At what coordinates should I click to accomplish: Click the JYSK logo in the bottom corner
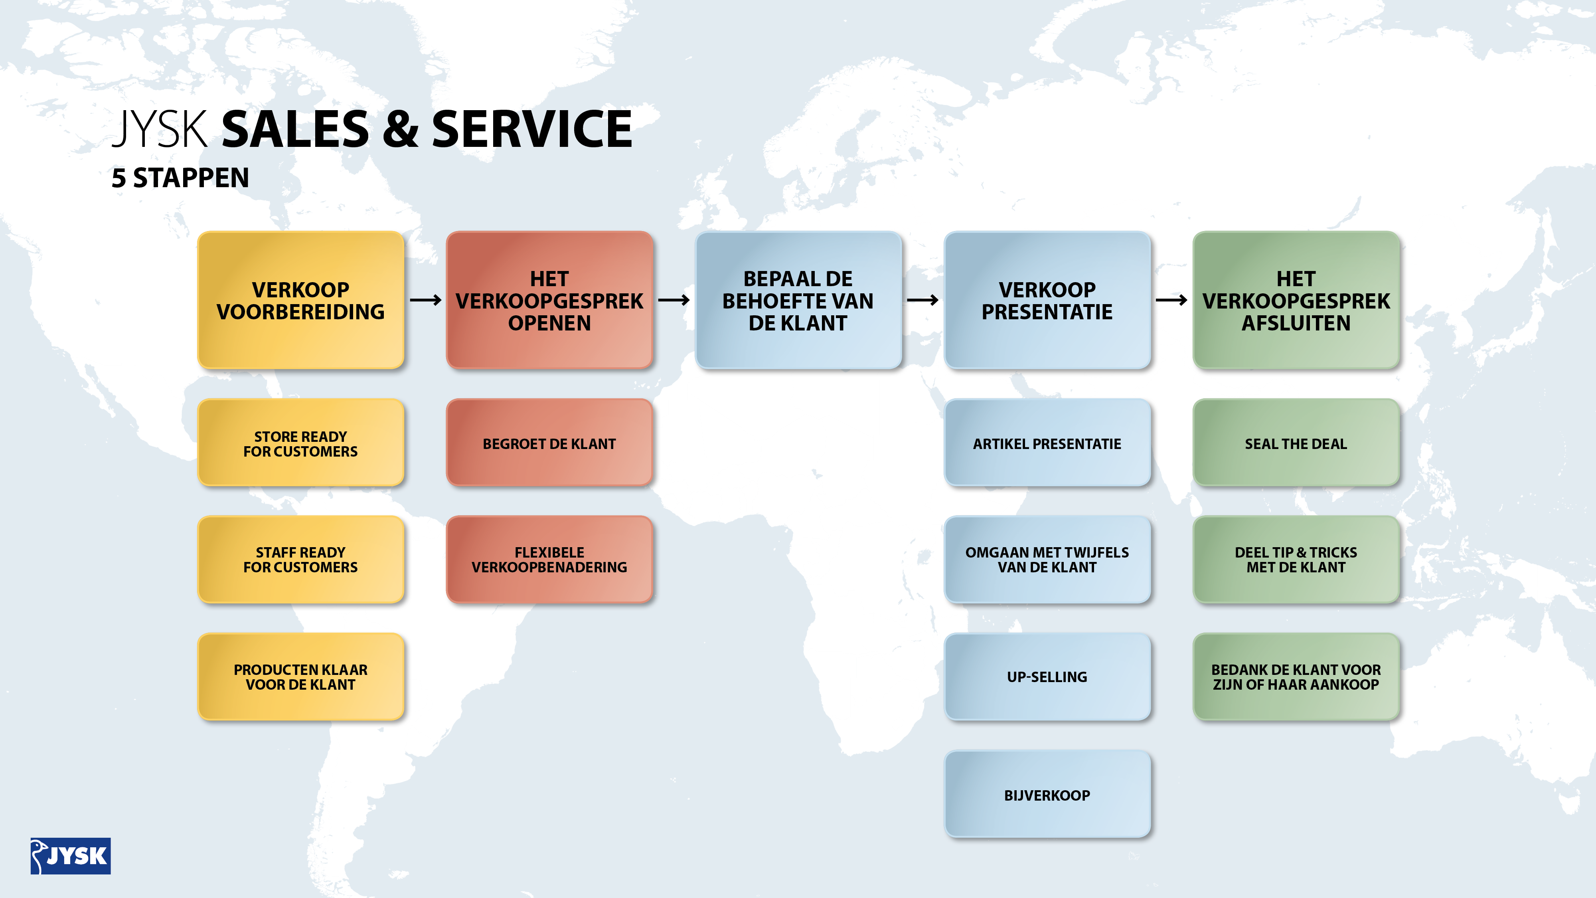click(71, 856)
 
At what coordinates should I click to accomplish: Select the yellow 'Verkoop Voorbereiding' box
click(300, 300)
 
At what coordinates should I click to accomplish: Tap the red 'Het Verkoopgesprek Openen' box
click(549, 300)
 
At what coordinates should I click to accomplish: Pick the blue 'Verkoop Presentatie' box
click(1047, 300)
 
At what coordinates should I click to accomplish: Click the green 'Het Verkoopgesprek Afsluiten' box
click(1296, 300)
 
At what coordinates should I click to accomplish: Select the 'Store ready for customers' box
click(300, 443)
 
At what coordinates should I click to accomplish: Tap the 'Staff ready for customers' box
click(300, 559)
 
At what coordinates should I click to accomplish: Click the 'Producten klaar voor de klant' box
click(300, 677)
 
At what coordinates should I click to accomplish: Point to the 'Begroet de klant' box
click(549, 443)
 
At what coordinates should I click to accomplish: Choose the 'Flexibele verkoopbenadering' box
click(549, 559)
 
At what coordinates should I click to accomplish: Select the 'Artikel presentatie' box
click(1047, 443)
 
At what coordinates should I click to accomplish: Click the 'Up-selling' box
click(1047, 677)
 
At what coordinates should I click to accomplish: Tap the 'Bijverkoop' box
click(1047, 795)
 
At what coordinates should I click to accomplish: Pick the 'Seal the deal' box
click(1296, 443)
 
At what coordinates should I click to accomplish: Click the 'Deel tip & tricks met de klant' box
click(1296, 559)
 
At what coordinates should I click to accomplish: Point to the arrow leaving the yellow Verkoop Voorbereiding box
click(426, 300)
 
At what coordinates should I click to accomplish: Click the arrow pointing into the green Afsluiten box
click(1171, 300)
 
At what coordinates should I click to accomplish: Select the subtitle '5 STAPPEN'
click(180, 178)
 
